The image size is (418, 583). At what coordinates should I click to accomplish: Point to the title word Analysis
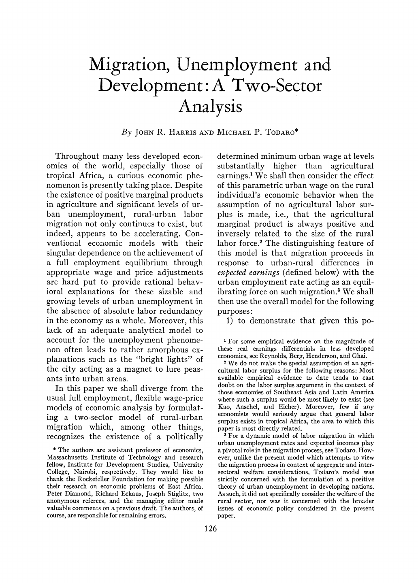209,108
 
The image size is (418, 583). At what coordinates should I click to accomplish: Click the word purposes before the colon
234,311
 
